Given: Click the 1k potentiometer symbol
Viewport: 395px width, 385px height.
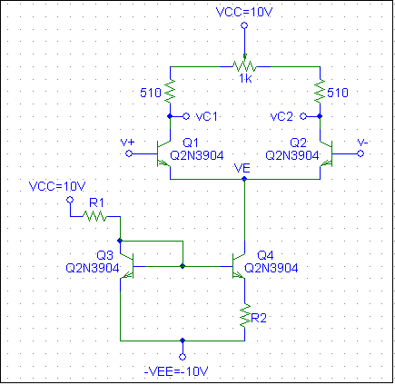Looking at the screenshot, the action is tap(244, 65).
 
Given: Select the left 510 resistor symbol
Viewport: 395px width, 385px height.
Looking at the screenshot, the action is tap(170, 90).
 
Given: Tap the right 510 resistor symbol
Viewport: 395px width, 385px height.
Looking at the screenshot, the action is tap(320, 90).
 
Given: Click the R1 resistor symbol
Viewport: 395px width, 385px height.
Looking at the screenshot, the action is tap(94, 216).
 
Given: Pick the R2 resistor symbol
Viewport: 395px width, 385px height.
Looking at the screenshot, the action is tap(244, 315).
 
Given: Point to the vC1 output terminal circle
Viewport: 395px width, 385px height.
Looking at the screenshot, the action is tap(186, 116).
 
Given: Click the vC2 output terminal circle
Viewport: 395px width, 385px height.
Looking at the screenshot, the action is tap(303, 116).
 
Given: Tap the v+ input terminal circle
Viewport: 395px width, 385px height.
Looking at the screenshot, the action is tap(129, 153).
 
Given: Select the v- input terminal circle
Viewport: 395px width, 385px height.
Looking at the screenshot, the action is tap(360, 153).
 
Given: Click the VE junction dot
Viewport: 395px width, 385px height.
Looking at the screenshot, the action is tap(244, 179).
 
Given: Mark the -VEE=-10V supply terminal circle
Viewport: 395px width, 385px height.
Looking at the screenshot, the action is tap(183, 357).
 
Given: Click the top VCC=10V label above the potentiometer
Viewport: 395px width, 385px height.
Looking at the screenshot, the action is tap(244, 13).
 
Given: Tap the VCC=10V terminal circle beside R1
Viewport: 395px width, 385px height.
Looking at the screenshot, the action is tap(70, 200).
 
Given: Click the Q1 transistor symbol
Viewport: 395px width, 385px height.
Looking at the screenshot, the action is tap(163, 153).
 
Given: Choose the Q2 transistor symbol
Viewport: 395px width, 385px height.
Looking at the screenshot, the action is tap(326, 153).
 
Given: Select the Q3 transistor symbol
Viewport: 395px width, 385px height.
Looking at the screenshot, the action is tap(127, 266).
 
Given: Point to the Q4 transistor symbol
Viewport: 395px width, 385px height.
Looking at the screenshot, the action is tap(239, 266).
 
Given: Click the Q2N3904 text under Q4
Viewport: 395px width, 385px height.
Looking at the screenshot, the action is tap(271, 268).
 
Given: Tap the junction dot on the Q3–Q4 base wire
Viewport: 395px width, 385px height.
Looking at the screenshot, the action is tap(183, 266).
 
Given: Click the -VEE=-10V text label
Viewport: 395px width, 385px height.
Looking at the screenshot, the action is tap(176, 371).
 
